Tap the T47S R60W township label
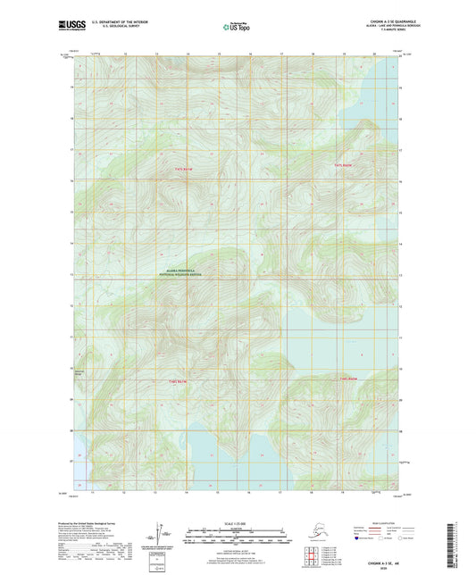coord(345,166)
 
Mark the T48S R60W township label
coord(348,379)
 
